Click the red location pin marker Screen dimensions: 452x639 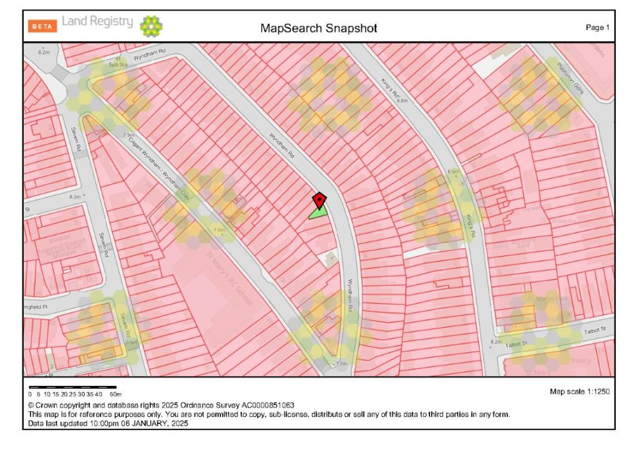[319, 200]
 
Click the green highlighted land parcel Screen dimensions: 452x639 [319, 213]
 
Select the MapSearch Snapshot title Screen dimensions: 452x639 [319, 28]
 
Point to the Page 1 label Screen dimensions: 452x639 [597, 27]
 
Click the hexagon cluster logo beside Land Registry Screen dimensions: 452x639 [152, 26]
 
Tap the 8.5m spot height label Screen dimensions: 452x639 [453, 171]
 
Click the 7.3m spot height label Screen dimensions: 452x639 [341, 363]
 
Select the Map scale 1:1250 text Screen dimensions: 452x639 [579, 392]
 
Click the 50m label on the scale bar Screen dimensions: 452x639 [115, 395]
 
